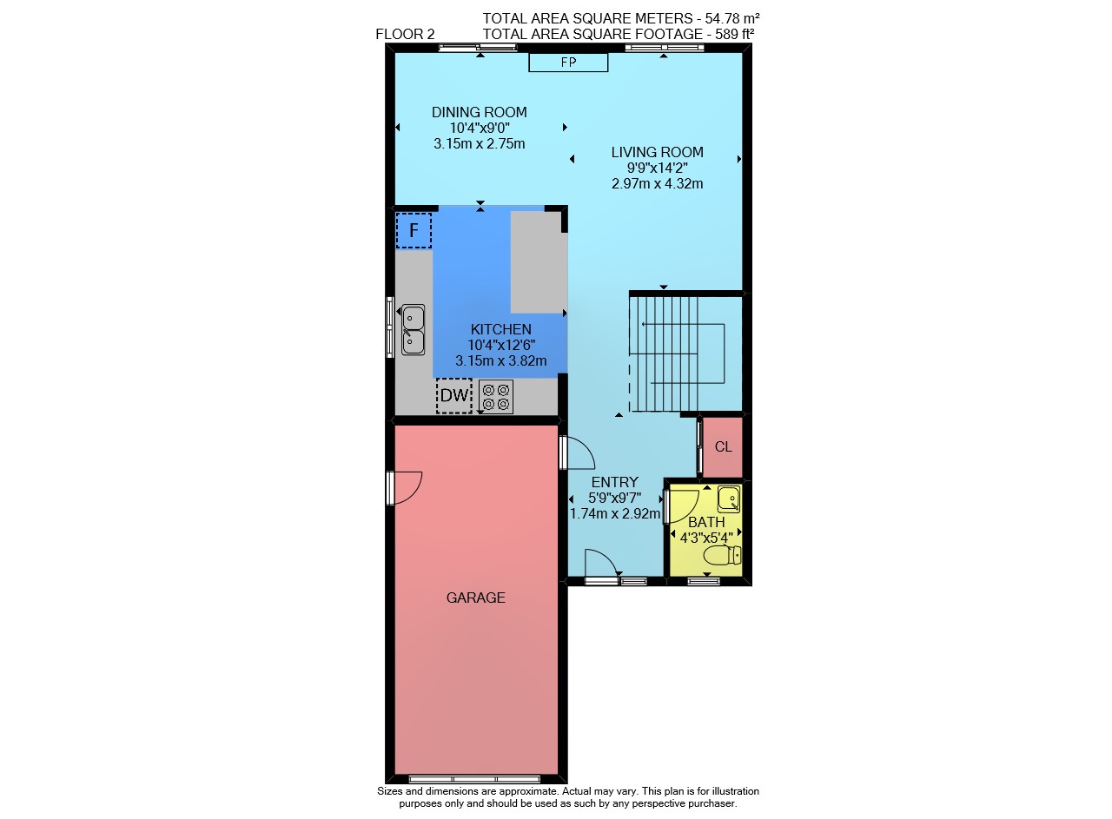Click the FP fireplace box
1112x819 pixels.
568,63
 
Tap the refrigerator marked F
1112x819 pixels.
414,230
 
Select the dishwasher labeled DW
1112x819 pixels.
454,395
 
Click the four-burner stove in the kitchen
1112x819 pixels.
496,397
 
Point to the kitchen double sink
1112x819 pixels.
413,329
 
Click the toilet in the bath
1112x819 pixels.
723,555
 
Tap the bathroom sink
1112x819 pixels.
729,499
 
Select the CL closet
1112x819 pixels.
723,447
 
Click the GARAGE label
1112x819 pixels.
475,598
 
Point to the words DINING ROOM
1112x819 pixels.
479,112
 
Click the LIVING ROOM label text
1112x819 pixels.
658,152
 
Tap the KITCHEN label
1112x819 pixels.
501,329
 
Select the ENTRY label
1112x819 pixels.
614,482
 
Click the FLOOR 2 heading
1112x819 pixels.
405,34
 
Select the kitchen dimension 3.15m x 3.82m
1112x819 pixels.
501,360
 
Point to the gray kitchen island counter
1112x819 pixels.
539,262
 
